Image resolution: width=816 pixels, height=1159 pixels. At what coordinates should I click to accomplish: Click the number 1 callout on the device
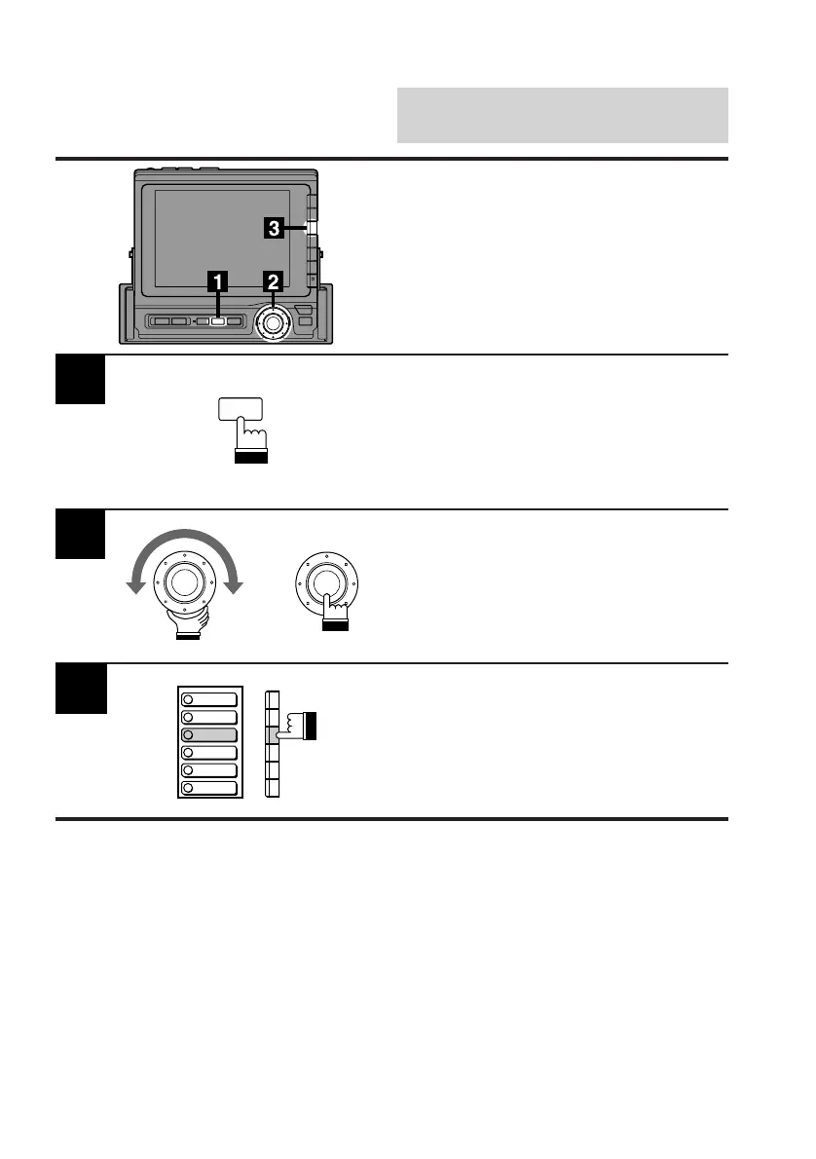pos(218,281)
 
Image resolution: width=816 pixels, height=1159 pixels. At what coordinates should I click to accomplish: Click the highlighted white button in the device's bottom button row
pos(218,320)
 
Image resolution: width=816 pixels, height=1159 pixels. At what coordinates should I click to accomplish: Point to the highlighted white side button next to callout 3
pos(311,229)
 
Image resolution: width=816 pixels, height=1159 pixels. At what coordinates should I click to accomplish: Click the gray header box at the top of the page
pos(563,115)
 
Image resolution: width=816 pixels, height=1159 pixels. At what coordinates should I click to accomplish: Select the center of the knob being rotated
pos(185,582)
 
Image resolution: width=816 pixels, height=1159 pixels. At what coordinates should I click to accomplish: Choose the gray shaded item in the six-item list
pos(207,734)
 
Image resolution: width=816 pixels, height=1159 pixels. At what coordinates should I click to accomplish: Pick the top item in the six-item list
pos(207,698)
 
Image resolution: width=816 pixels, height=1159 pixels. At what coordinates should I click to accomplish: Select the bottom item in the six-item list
pos(207,787)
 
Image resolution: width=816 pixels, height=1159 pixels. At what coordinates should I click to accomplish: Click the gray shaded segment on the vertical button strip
pos(274,734)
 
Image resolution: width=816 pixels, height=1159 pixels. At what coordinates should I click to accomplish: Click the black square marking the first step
pos(80,380)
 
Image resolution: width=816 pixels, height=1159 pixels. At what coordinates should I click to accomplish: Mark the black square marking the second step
pos(80,534)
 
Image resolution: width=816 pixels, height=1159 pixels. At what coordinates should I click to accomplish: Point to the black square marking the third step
pos(80,688)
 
